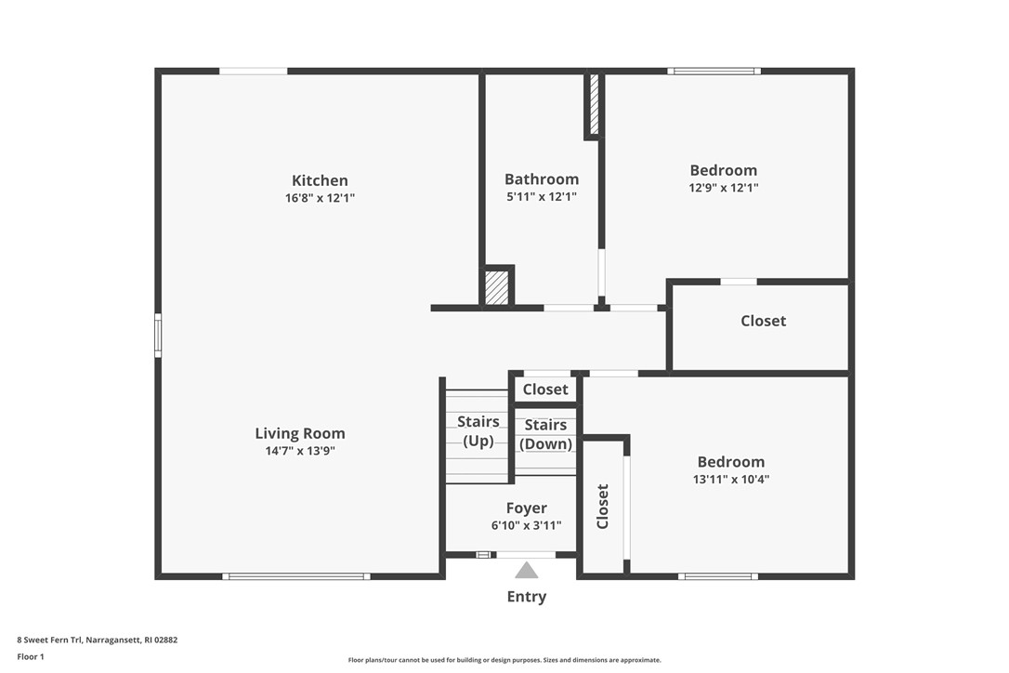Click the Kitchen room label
(x=320, y=180)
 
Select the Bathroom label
(x=542, y=179)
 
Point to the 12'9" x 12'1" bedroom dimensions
(x=723, y=188)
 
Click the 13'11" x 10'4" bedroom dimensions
(x=731, y=480)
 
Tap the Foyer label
(x=526, y=508)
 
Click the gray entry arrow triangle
(x=527, y=570)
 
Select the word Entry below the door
(x=526, y=597)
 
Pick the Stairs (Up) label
(x=478, y=431)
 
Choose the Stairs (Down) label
(x=545, y=434)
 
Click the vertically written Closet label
(x=602, y=507)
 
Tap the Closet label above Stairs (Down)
(x=545, y=389)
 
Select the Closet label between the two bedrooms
(x=763, y=321)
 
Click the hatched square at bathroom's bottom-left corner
(x=497, y=287)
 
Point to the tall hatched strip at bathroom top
(x=593, y=105)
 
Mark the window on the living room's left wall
(x=158, y=336)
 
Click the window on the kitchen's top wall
(x=253, y=71)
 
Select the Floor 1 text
(x=31, y=656)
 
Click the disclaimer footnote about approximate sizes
(x=504, y=660)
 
